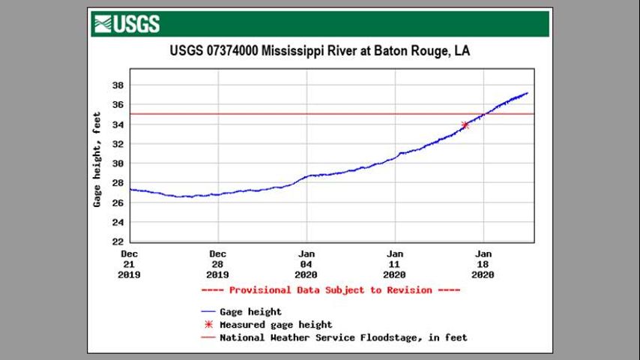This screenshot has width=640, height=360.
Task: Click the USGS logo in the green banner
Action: [x=127, y=24]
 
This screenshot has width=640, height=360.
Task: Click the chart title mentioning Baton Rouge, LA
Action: [x=320, y=52]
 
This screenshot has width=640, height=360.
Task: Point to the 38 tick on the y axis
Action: [x=118, y=85]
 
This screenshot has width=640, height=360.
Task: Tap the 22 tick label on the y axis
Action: [x=118, y=242]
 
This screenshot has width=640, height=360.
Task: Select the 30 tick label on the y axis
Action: [x=118, y=163]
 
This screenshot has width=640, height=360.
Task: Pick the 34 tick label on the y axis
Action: [x=118, y=124]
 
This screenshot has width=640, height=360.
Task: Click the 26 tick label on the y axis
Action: [x=118, y=203]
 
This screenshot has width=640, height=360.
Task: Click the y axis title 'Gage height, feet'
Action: [x=97, y=160]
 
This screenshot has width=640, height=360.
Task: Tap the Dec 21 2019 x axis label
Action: [x=130, y=264]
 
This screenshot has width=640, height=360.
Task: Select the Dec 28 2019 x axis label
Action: [x=218, y=264]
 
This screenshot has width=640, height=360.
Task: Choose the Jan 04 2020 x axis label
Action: [x=307, y=264]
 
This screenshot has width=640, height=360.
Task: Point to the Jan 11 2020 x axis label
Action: [x=395, y=264]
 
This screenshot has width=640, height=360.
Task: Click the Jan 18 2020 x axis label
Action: [x=483, y=264]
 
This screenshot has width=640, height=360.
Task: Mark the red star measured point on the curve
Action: [x=465, y=124]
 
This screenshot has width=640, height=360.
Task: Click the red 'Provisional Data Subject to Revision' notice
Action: [x=330, y=290]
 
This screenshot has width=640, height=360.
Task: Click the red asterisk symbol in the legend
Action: [x=208, y=325]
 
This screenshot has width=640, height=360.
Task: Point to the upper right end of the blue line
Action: [x=528, y=93]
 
